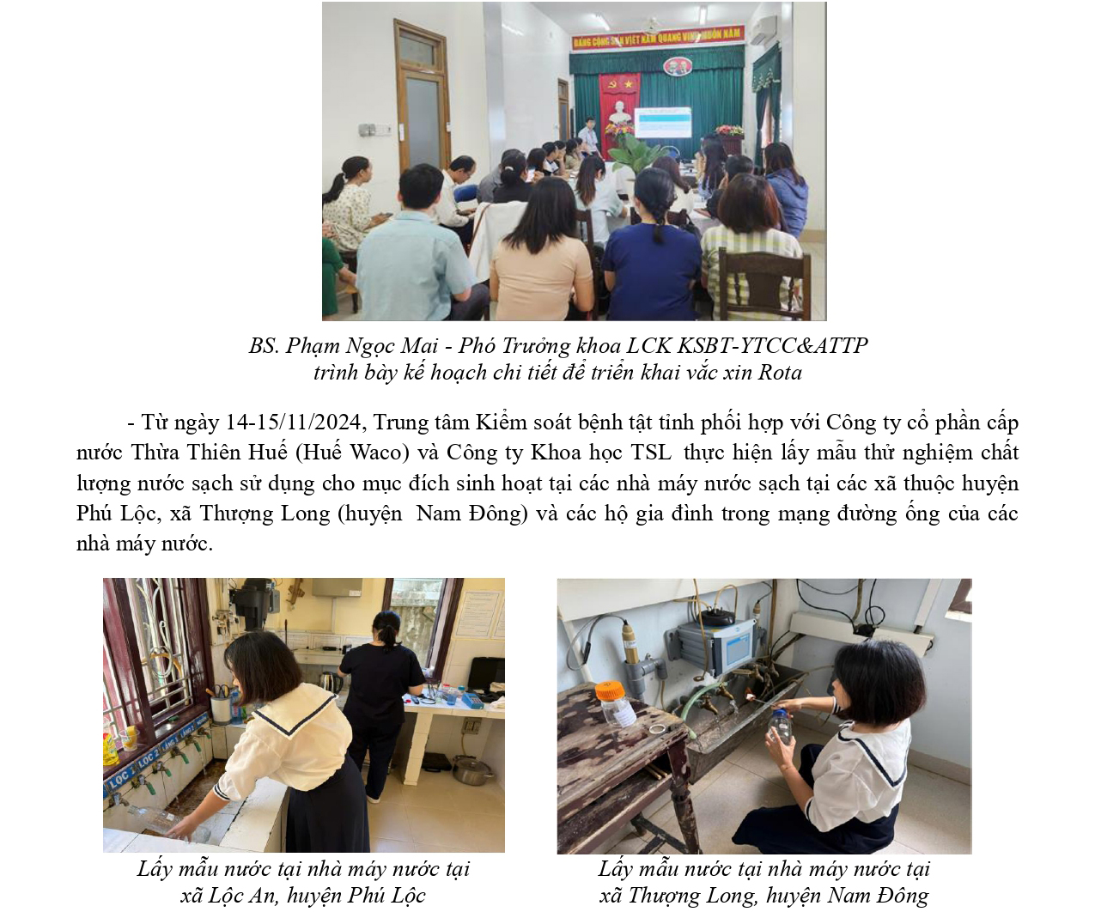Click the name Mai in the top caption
click(420, 345)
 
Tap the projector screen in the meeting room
click(662, 123)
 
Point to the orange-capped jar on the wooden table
click(610, 703)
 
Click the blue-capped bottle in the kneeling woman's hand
click(781, 725)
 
